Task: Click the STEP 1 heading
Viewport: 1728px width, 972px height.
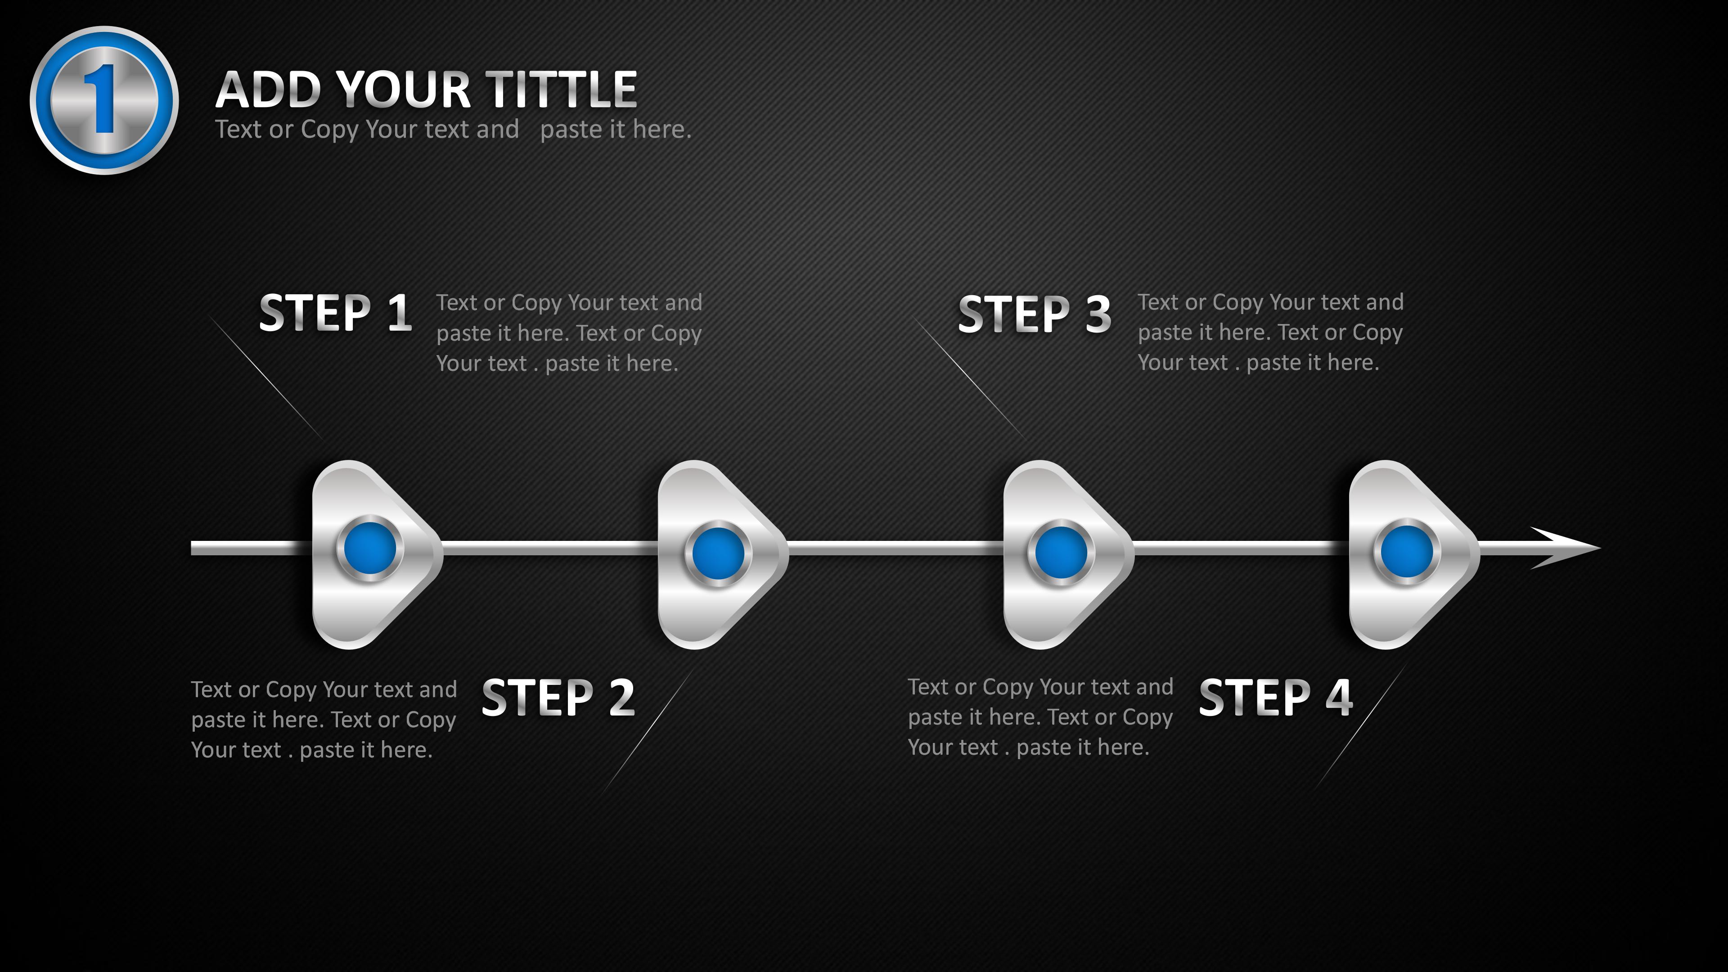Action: [335, 313]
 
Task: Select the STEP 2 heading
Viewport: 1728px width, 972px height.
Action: [558, 697]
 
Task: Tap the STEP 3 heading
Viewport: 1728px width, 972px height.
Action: [1035, 314]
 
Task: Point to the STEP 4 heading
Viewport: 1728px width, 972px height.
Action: [1275, 697]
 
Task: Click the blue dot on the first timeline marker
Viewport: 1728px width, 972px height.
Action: [369, 548]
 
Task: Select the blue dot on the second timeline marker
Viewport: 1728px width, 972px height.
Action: [718, 553]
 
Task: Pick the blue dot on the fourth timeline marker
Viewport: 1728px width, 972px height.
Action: [1407, 551]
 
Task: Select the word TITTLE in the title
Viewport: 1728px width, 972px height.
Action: [561, 89]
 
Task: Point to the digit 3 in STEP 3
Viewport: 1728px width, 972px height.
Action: [1098, 314]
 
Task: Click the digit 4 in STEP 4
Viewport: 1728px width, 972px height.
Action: [1339, 697]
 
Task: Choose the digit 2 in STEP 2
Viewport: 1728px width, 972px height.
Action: [621, 697]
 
